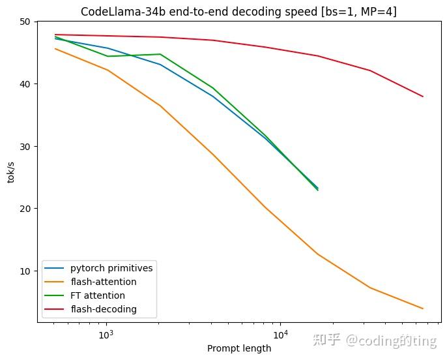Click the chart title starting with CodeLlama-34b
pyautogui.click(x=238, y=11)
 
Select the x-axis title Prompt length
pyautogui.click(x=238, y=348)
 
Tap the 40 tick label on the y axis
pyautogui.click(x=24, y=84)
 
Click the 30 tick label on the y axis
pyautogui.click(x=24, y=146)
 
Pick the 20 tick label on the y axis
pyautogui.click(x=24, y=209)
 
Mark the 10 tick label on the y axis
pyautogui.click(x=24, y=271)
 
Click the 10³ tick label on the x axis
pyautogui.click(x=106, y=335)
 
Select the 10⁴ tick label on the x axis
pyautogui.click(x=280, y=335)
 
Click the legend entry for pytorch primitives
pyautogui.click(x=111, y=269)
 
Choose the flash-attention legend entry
pyautogui.click(x=104, y=282)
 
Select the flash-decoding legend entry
pyautogui.click(x=104, y=309)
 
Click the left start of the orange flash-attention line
pyautogui.click(x=55, y=49)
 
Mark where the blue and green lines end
pyautogui.click(x=317, y=188)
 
